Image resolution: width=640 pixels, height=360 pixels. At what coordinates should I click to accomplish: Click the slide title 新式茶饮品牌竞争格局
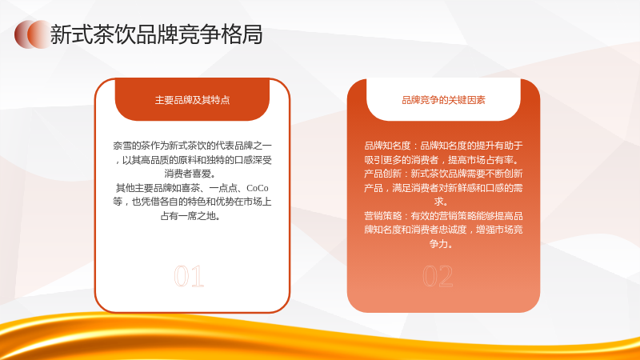pyautogui.click(x=156, y=34)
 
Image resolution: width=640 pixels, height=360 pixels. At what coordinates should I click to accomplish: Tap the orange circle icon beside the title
pyautogui.click(x=33, y=34)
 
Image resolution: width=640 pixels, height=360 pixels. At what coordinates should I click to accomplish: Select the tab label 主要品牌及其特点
pyautogui.click(x=192, y=100)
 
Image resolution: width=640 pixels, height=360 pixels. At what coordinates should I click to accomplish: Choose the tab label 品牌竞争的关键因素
pyautogui.click(x=444, y=100)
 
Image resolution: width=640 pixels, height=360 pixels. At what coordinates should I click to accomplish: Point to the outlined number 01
pyautogui.click(x=189, y=276)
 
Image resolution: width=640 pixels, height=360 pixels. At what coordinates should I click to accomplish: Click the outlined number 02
pyautogui.click(x=438, y=276)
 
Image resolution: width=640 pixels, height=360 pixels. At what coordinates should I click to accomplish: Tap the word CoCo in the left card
pyautogui.click(x=258, y=188)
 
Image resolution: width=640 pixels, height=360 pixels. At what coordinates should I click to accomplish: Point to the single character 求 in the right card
pyautogui.click(x=439, y=202)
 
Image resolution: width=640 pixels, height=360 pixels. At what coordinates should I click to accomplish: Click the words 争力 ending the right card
pyautogui.click(x=438, y=244)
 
